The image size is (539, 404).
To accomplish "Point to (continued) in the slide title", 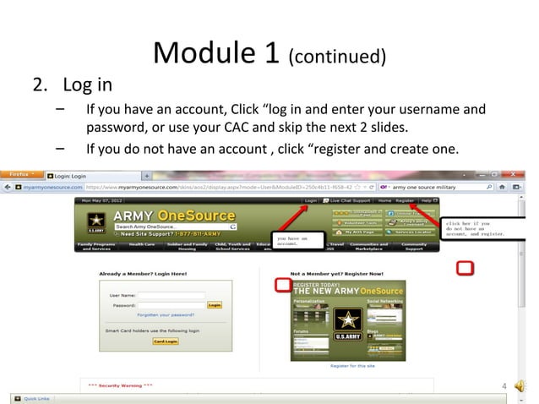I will point(338,57).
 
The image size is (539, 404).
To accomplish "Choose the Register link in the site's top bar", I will point(405,200).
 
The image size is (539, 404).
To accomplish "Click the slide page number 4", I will point(504,386).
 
